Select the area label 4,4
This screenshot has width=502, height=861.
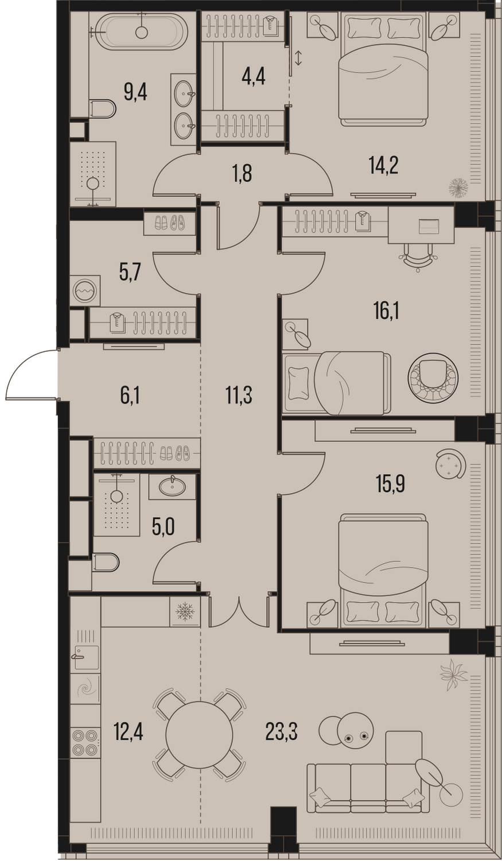point(253,77)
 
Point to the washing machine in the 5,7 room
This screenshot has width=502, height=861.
point(85,290)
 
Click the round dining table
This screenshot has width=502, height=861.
point(199,735)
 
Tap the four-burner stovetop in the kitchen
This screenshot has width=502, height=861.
point(85,743)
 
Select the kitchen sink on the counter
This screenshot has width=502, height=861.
point(85,657)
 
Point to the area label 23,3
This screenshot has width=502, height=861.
point(282,732)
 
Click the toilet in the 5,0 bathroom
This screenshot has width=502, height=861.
point(105,563)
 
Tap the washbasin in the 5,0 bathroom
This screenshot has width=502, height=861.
point(172,487)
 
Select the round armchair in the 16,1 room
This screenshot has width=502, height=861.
point(433,378)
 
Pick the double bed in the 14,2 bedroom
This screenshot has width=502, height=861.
point(383,69)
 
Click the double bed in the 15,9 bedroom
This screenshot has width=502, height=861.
point(383,571)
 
